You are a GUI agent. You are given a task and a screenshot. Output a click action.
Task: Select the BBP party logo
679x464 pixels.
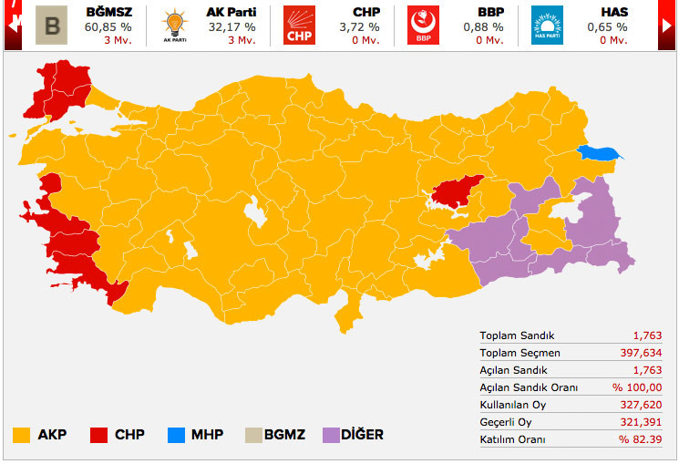(423, 26)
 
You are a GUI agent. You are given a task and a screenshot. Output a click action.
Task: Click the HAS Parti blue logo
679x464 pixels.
(547, 26)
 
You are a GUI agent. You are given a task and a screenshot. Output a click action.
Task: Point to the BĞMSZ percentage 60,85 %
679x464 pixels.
(108, 26)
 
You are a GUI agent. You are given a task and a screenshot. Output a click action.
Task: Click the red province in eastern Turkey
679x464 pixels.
(458, 191)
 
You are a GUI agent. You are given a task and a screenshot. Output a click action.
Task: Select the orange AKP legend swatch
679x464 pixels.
(22, 435)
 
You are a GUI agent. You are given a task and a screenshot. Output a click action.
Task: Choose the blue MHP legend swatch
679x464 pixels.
(176, 435)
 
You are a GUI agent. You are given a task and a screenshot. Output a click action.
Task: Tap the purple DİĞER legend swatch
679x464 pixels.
(334, 435)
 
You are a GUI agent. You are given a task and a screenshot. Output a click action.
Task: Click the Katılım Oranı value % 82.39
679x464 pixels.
(639, 439)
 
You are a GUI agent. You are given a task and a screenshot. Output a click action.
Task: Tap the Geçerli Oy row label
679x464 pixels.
(506, 422)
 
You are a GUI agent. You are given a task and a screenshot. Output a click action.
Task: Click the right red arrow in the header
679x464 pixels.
(668, 25)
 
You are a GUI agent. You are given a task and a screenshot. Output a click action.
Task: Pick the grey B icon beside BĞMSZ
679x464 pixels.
(52, 26)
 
